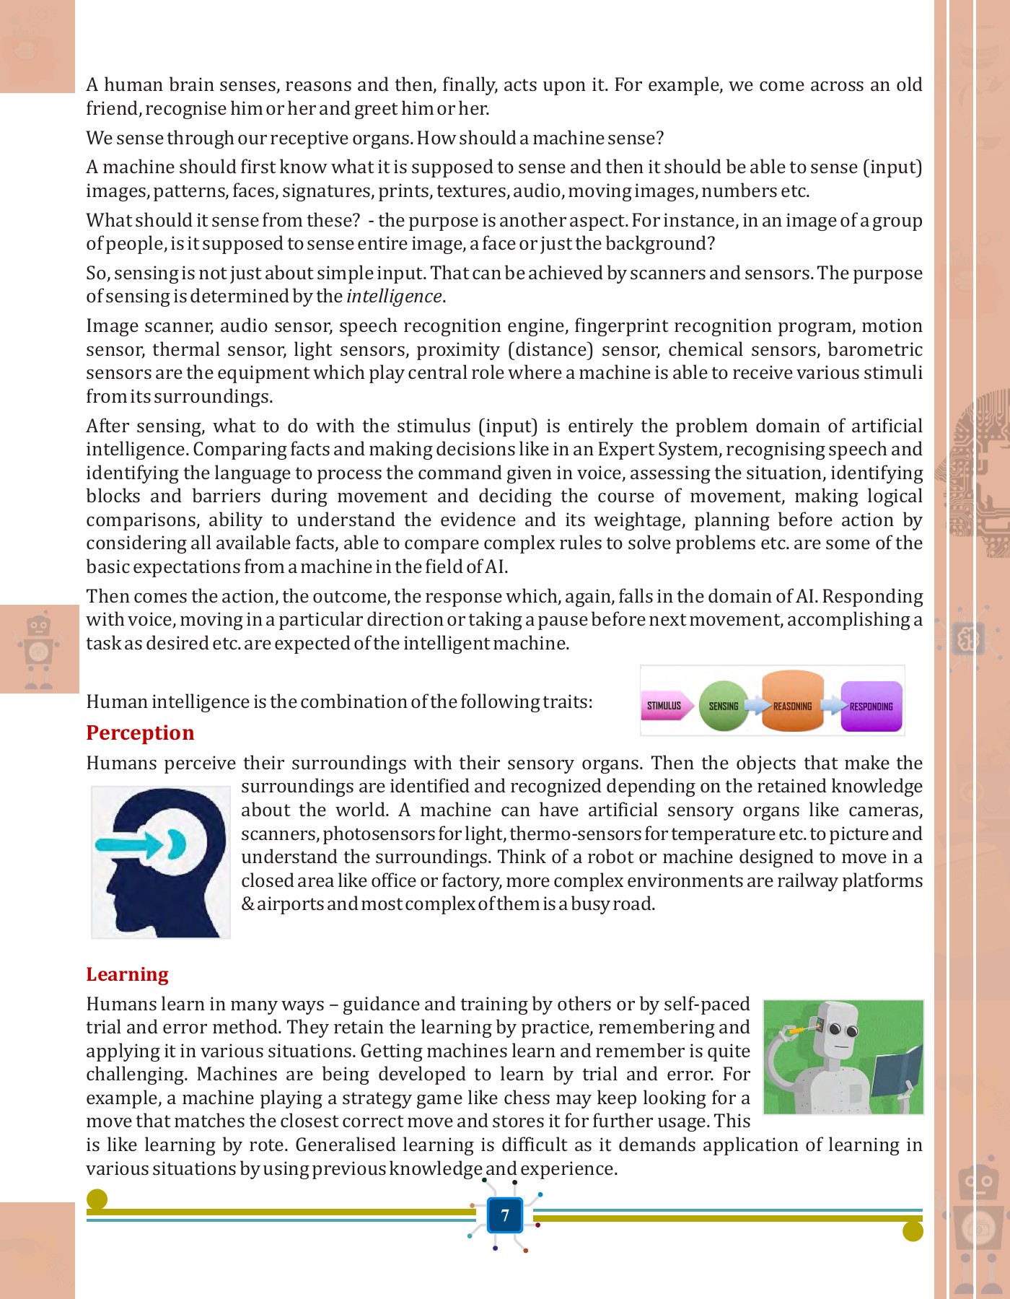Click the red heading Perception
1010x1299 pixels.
(x=140, y=732)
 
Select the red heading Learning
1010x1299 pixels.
(x=127, y=974)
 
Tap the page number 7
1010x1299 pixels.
(x=505, y=1215)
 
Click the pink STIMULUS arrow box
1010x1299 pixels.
(x=665, y=706)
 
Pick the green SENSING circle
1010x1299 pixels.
(x=724, y=706)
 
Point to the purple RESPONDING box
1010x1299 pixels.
(x=871, y=706)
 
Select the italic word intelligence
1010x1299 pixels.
(x=394, y=297)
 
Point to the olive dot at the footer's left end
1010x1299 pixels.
(x=97, y=1199)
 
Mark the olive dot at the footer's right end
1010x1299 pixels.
(x=913, y=1231)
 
